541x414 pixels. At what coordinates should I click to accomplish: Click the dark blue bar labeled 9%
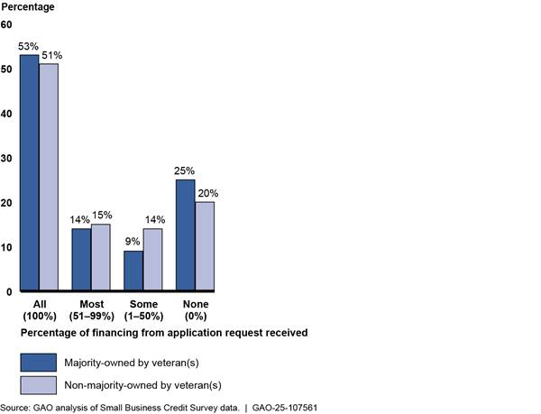click(x=133, y=271)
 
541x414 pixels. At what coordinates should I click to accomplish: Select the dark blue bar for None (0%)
click(x=186, y=235)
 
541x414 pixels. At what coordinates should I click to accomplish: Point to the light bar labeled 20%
click(x=205, y=246)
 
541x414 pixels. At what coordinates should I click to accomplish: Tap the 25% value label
click(x=186, y=170)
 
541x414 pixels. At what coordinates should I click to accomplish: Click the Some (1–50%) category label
click(x=143, y=311)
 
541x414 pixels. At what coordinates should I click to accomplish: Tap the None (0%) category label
click(x=195, y=311)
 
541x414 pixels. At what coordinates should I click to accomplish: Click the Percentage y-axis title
click(x=29, y=7)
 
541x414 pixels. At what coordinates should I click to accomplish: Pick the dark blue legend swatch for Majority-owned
click(x=38, y=362)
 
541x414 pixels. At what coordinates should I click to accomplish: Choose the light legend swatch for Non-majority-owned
click(x=38, y=385)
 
